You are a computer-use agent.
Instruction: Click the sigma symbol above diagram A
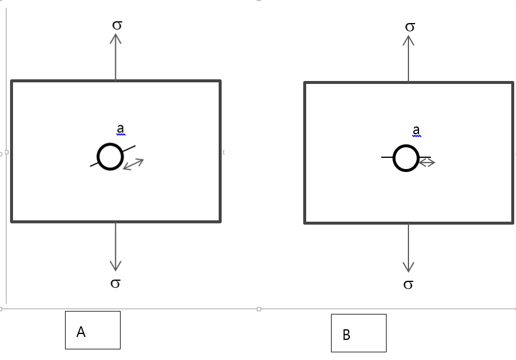click(116, 25)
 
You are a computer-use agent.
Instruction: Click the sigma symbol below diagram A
click(116, 283)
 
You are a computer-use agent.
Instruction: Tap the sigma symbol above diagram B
click(410, 27)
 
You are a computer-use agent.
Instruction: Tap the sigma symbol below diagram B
click(408, 285)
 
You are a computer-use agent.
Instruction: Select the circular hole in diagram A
click(110, 157)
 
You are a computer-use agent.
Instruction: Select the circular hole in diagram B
click(405, 158)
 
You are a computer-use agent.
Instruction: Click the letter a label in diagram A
click(120, 129)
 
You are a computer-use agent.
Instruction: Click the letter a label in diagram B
click(416, 130)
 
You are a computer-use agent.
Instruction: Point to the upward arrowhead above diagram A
click(116, 38)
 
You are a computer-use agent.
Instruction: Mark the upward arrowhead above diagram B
click(408, 40)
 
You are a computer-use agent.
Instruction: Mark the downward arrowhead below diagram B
click(408, 267)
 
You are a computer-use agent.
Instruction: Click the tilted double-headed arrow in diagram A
click(133, 164)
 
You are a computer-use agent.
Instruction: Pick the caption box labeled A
click(93, 330)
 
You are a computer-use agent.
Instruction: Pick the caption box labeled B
click(358, 333)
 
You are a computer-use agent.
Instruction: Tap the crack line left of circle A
click(94, 164)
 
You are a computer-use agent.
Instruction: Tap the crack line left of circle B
click(387, 157)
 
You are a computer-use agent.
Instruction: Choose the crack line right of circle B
click(425, 157)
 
